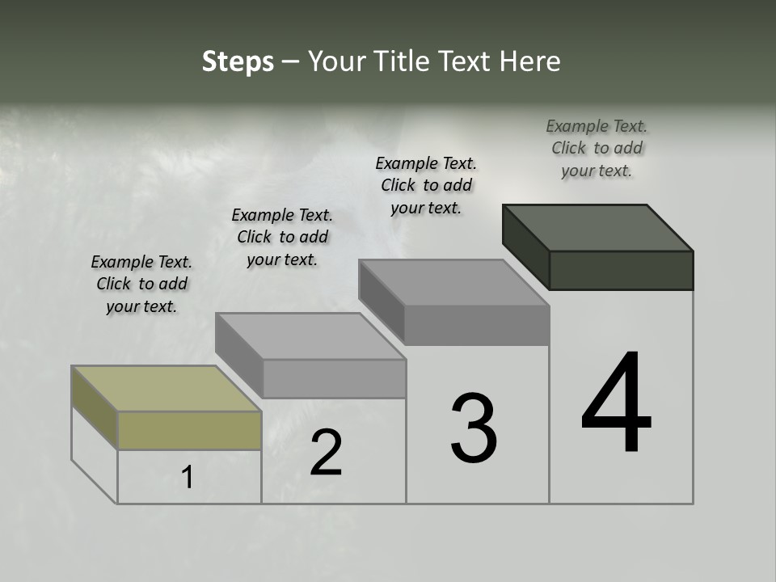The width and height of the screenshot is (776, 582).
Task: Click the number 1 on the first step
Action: pos(188,478)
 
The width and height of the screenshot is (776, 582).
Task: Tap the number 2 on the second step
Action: pos(326,453)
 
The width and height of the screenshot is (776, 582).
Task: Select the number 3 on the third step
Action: pos(474,428)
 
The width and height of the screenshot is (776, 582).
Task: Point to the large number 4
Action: pos(616,404)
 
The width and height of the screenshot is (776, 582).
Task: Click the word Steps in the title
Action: pos(238,61)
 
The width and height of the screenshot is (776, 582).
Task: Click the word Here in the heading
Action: pos(529,61)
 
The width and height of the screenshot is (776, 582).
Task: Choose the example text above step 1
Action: pos(141,284)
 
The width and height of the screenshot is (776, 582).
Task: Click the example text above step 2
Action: pos(282,237)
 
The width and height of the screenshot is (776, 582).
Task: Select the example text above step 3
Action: pos(426,185)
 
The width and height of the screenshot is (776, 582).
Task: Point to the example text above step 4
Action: pos(597,148)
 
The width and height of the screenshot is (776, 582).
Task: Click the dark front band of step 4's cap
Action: pos(621,270)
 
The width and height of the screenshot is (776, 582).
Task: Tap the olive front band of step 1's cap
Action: pos(189,430)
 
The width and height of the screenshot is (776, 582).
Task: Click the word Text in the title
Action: pos(466,61)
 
